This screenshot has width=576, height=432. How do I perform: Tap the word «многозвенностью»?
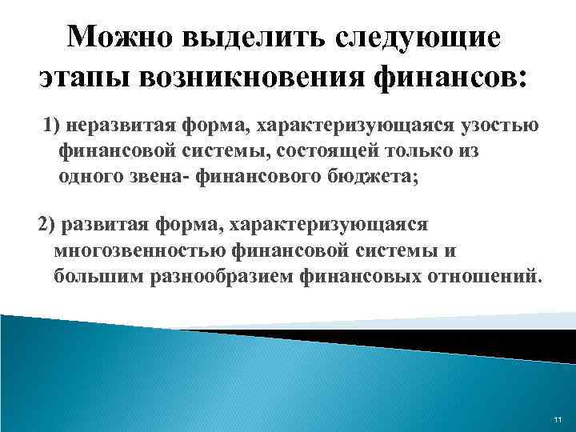(140, 250)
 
